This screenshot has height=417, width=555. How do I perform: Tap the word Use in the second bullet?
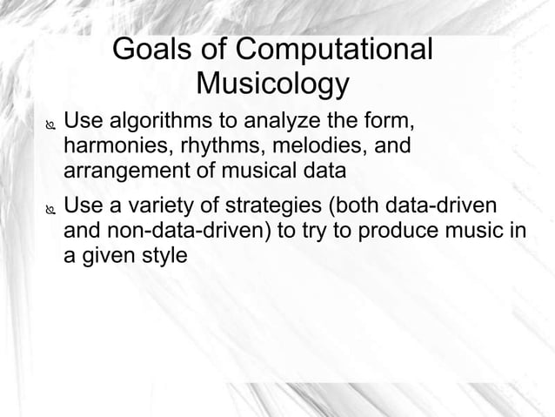point(84,208)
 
